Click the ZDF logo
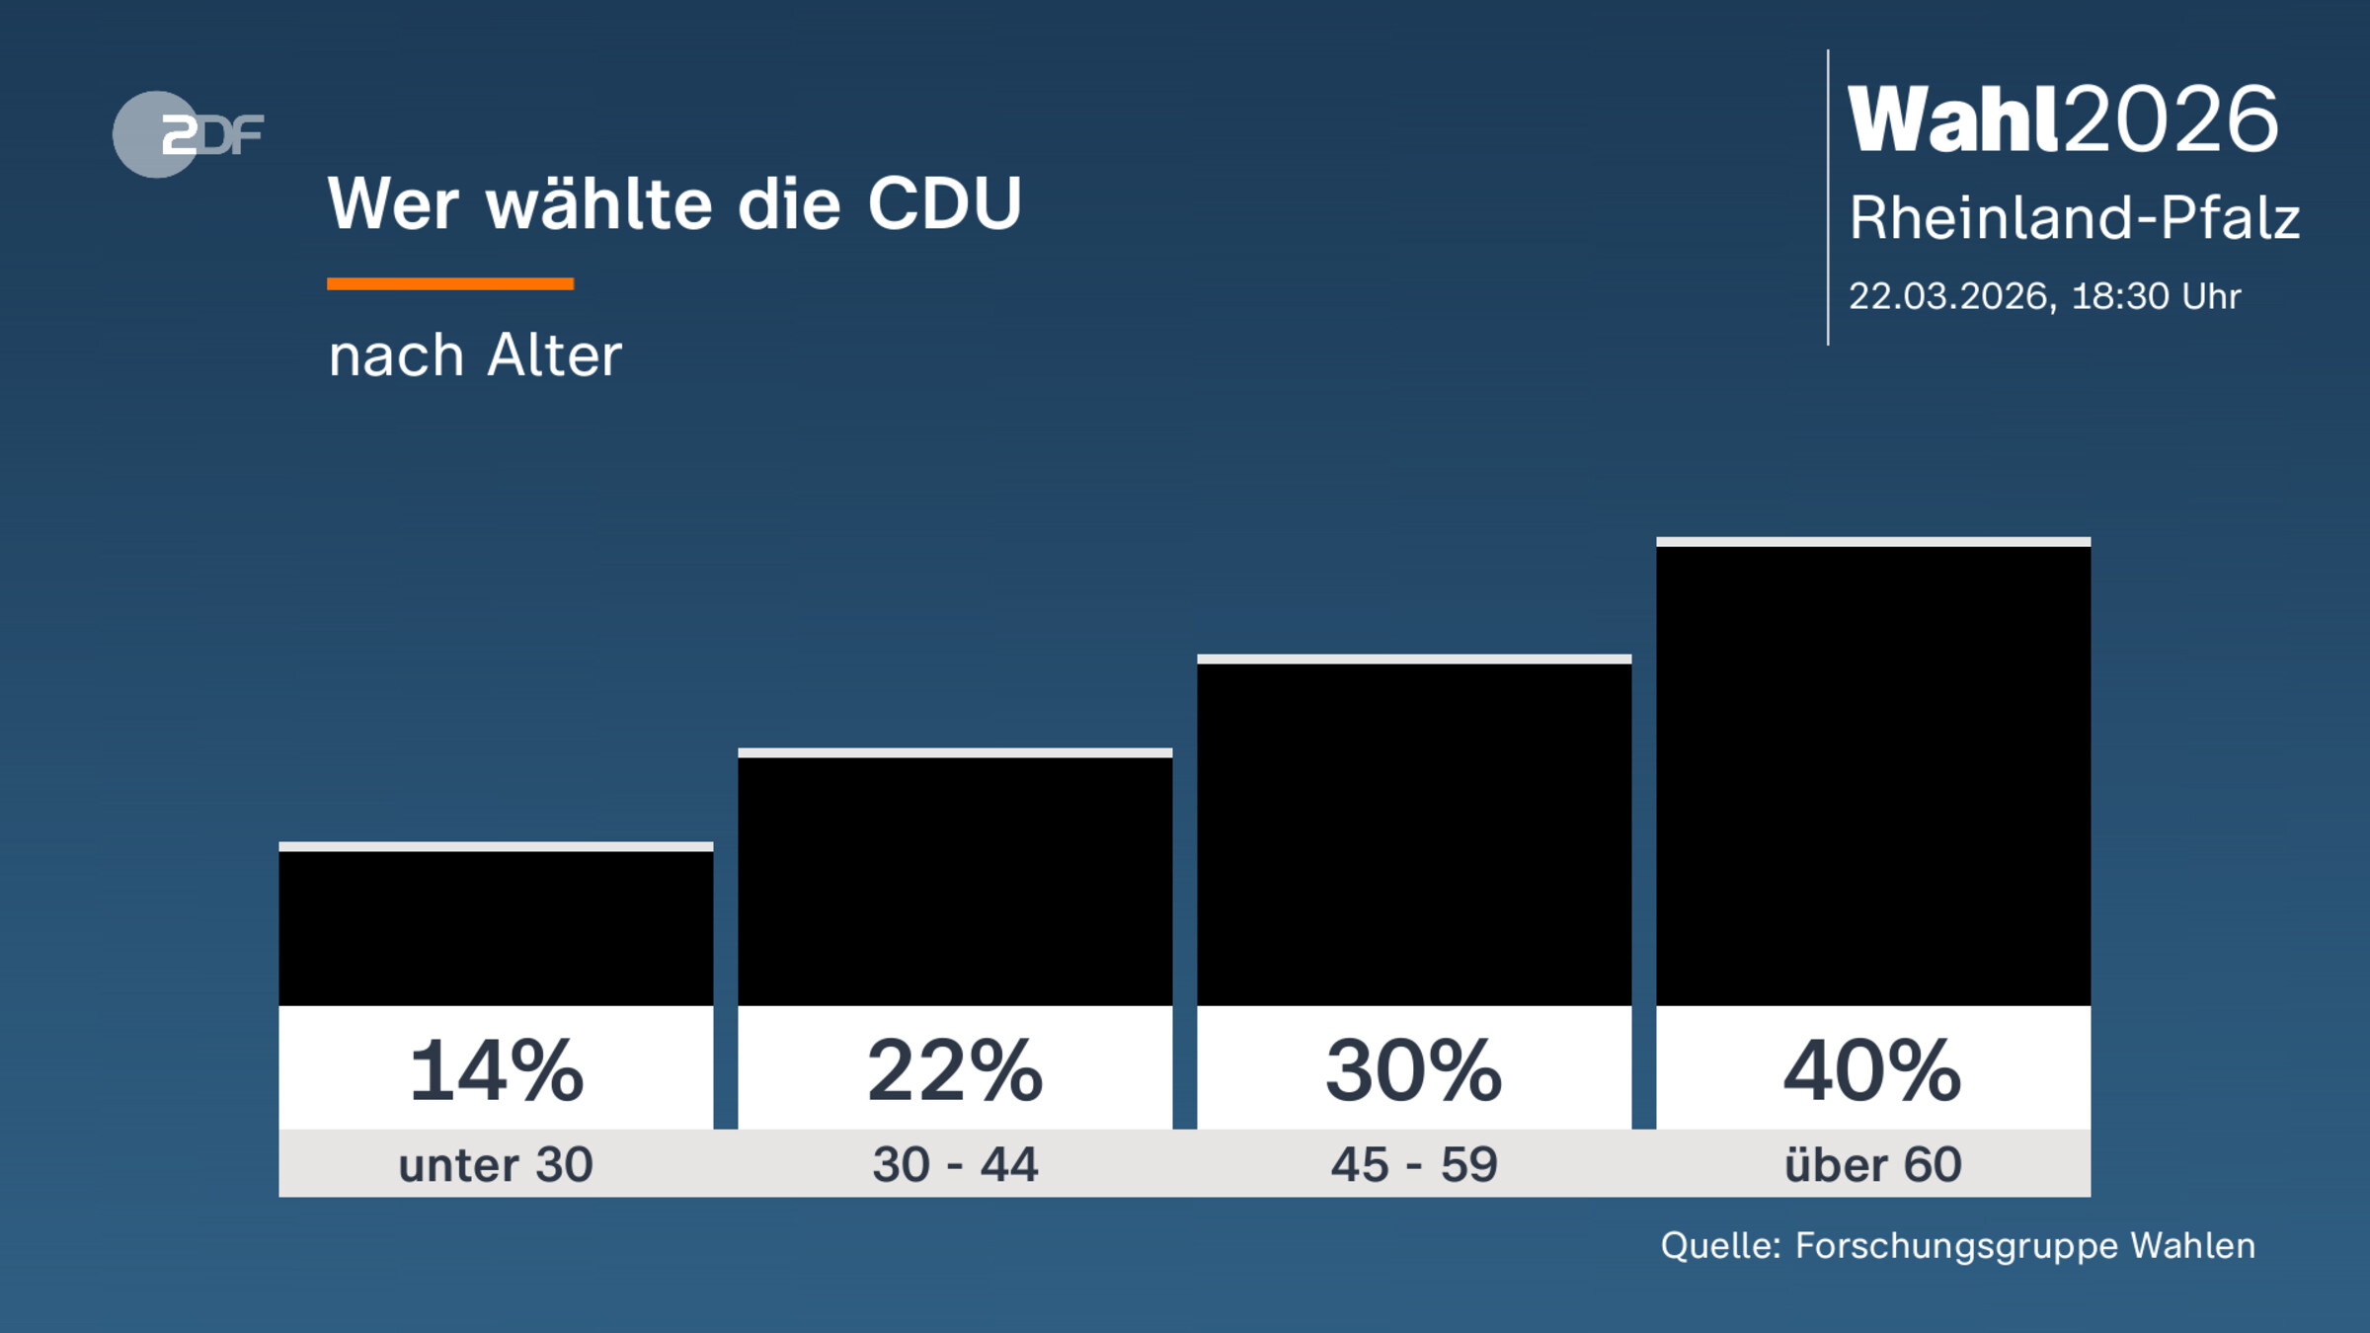[188, 134]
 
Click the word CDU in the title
[944, 204]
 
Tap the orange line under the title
[450, 284]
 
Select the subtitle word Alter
[554, 355]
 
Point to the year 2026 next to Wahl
[2172, 119]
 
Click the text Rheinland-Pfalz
[2074, 218]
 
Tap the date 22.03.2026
[1951, 296]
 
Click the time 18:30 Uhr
[2156, 296]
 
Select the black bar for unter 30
[496, 928]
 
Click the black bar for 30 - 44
[955, 881]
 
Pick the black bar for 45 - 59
[1414, 834]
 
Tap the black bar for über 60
[1873, 775]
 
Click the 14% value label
[496, 1070]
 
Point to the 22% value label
[955, 1070]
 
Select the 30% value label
[1414, 1070]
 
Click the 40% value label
[1873, 1070]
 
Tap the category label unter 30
[496, 1165]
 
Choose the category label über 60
[1873, 1165]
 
